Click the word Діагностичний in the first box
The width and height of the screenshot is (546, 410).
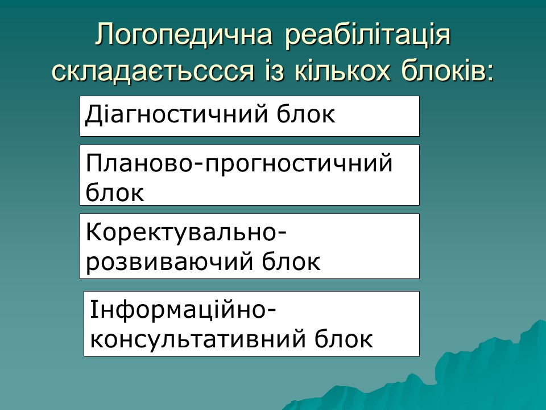pyautogui.click(x=177, y=114)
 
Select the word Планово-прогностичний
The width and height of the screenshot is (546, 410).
pyautogui.click(x=239, y=164)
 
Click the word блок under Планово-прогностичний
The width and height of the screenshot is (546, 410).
pyautogui.click(x=114, y=192)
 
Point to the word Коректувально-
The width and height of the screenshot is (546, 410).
pyautogui.click(x=187, y=233)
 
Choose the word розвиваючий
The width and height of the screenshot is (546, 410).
pyautogui.click(x=169, y=261)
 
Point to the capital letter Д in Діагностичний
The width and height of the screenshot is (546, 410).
pyautogui.click(x=93, y=114)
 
